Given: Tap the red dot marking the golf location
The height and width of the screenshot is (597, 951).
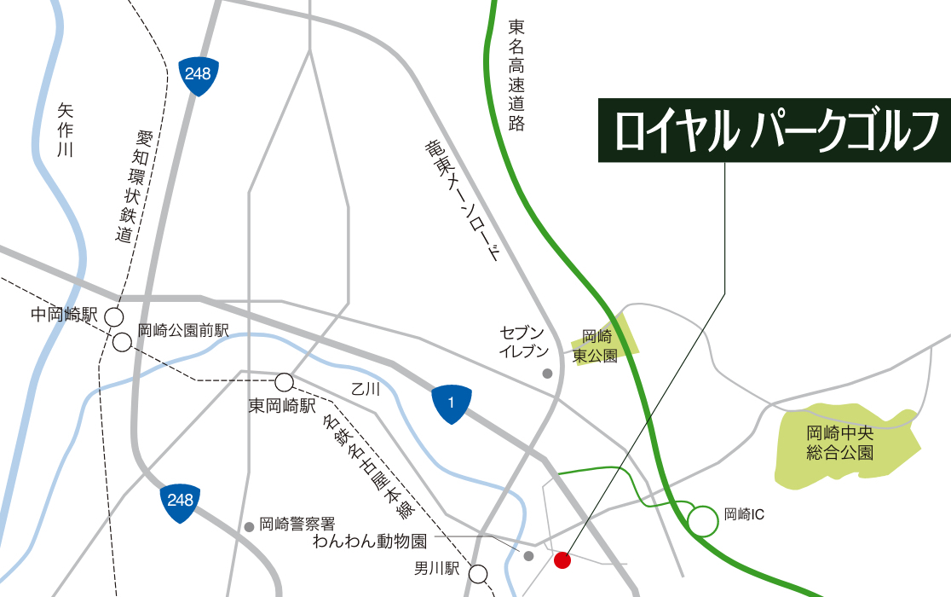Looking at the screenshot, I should pos(562,560).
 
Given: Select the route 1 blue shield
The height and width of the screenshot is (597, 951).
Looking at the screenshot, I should pos(451,403).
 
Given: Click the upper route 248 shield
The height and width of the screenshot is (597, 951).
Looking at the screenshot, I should pos(198,75).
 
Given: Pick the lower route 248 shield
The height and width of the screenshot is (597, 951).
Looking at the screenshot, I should pos(181,501).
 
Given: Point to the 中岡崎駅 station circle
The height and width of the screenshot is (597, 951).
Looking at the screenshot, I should pos(113,317).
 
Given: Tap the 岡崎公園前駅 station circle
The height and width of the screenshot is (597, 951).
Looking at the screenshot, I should pos(123,343).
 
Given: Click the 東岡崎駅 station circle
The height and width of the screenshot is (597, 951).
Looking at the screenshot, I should pos(284,381).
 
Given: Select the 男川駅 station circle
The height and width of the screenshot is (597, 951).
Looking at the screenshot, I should pos(479,574).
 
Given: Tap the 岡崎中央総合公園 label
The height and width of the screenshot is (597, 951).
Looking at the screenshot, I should pos(840,442).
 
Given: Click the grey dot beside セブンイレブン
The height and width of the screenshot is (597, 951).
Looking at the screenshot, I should pos(547,374).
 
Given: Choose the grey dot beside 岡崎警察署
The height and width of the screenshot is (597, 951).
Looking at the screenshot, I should pos(249,527).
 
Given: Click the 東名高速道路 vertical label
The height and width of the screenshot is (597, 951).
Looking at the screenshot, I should pos(516,75).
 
